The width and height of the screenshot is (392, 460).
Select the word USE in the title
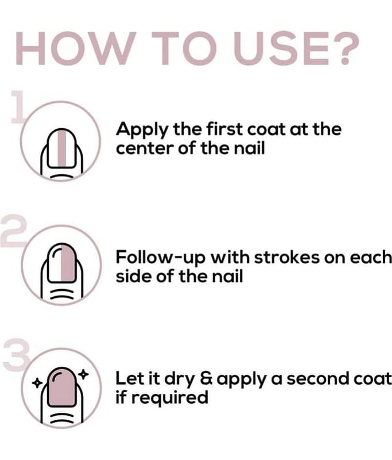(x=281, y=48)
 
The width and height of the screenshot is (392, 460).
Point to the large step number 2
(x=13, y=231)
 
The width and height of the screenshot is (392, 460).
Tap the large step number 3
(x=17, y=355)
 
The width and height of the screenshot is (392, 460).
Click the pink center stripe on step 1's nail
(x=62, y=148)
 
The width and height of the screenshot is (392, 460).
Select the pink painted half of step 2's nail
(x=69, y=263)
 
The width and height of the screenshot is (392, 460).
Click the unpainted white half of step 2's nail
(x=55, y=263)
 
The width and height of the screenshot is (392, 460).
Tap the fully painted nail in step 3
(x=62, y=386)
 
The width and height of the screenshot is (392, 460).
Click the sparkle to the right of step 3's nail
(x=83, y=374)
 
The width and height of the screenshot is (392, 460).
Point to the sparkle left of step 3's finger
(x=37, y=383)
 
